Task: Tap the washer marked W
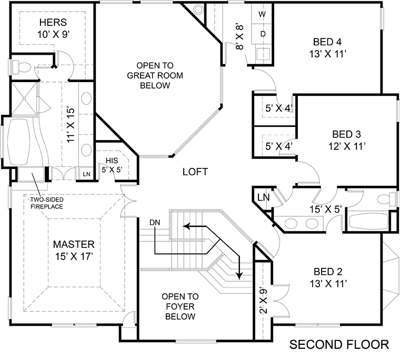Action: [263, 13]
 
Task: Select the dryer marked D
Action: [263, 34]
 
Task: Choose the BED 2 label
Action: [328, 277]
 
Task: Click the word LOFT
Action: [195, 172]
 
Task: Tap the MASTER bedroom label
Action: [74, 250]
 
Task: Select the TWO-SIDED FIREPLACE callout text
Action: [46, 203]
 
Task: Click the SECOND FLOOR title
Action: [339, 345]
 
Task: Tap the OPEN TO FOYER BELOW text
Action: [180, 306]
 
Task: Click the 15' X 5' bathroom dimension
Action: [327, 209]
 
